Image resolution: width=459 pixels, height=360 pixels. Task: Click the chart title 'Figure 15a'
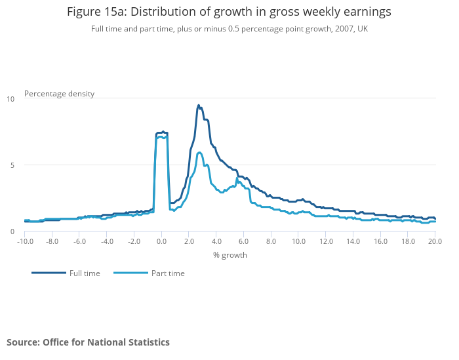[229, 12]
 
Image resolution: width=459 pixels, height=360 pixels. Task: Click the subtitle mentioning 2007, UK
[229, 29]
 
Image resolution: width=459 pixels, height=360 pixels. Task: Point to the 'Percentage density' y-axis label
[59, 94]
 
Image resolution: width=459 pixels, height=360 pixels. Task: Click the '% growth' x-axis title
[230, 254]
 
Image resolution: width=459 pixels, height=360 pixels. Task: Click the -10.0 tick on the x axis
[25, 241]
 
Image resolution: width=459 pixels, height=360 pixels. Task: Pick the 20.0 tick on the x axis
[435, 241]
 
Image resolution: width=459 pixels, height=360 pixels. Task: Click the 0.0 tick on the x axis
[161, 241]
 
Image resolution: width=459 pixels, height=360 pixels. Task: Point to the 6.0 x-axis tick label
[243, 241]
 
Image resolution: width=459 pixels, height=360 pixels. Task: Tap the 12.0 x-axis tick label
[325, 241]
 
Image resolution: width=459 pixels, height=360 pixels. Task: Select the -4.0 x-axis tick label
[107, 241]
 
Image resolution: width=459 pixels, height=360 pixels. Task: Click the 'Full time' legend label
[85, 273]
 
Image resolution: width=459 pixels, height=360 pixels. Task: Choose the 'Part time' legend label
[168, 273]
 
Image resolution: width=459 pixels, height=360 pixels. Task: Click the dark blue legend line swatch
[49, 273]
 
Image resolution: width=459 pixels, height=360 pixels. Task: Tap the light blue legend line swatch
[130, 273]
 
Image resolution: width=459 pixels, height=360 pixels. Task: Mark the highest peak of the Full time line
[198, 105]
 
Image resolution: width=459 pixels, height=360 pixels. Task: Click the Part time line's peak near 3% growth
[199, 153]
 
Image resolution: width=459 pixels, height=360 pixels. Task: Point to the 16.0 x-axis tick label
[380, 241]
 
